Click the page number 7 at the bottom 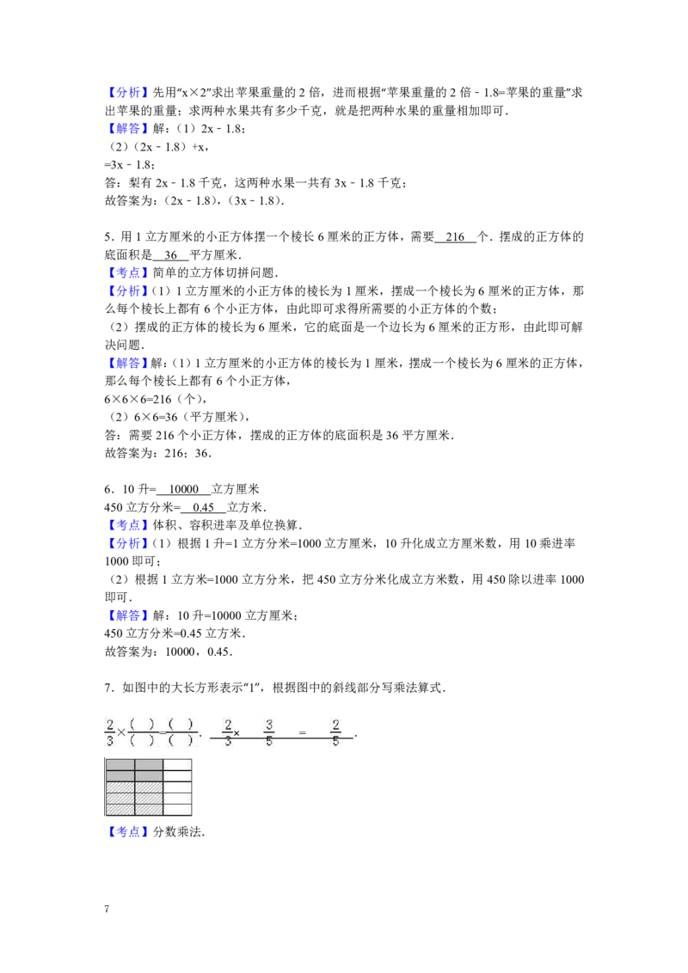click(107, 909)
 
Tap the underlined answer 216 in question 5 click(455, 236)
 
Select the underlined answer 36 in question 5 click(171, 254)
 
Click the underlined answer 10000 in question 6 click(184, 489)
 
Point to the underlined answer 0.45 click(204, 507)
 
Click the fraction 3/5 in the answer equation click(269, 732)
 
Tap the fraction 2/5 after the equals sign click(336, 732)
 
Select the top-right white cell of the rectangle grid click(177, 765)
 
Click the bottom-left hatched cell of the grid click(120, 810)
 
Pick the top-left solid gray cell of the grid click(120, 765)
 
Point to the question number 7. click(109, 687)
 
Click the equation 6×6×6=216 click(138, 399)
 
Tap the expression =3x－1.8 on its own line click(129, 164)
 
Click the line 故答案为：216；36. click(158, 453)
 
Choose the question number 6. click(109, 489)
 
